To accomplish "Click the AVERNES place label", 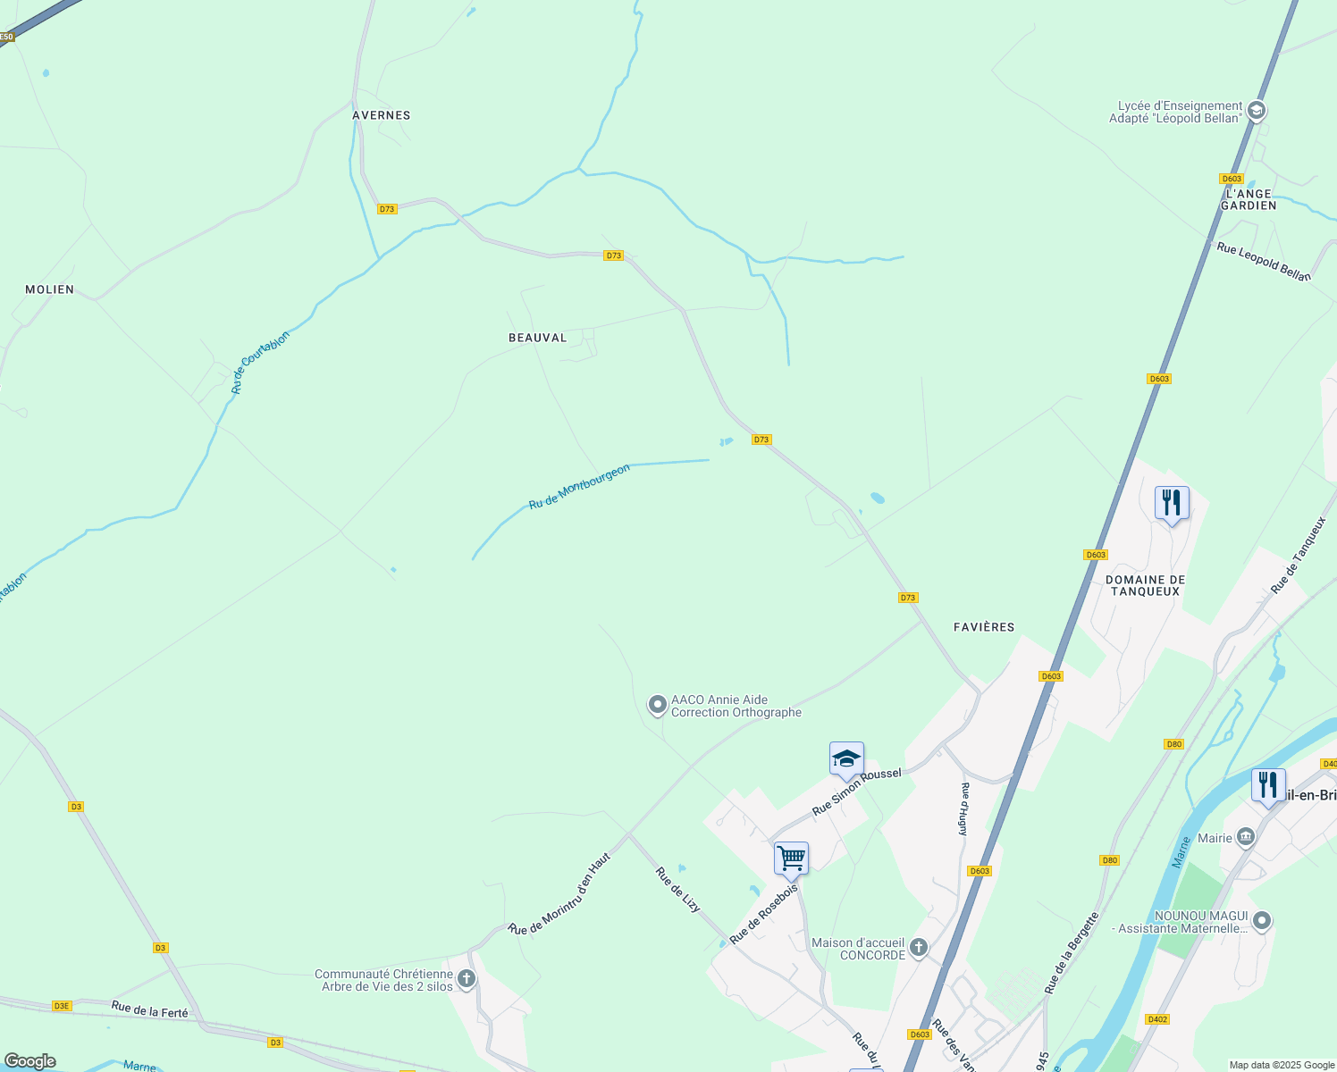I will coord(382,115).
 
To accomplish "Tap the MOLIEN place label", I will coord(50,289).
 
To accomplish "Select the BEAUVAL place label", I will coord(538,338).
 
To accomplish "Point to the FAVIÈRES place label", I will coord(984,627).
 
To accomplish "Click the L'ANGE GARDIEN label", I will coord(1249,199).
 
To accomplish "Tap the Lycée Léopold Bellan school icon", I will coord(1257,112).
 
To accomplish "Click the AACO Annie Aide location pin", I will coord(658,706).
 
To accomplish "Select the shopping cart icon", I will coord(791,858).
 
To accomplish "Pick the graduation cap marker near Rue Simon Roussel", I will coord(846,759).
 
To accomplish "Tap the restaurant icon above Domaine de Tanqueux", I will coord(1172,503).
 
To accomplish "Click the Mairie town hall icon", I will coord(1246,838).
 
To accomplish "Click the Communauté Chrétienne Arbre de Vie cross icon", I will coord(466,980).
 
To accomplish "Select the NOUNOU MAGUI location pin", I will coord(1261,921).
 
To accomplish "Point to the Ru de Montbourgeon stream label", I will coord(579,487).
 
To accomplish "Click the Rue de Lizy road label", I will coord(677,890).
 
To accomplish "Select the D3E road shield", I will coord(61,1006).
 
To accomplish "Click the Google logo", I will coord(29,1061).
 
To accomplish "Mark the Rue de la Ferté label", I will coord(150,1011).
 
